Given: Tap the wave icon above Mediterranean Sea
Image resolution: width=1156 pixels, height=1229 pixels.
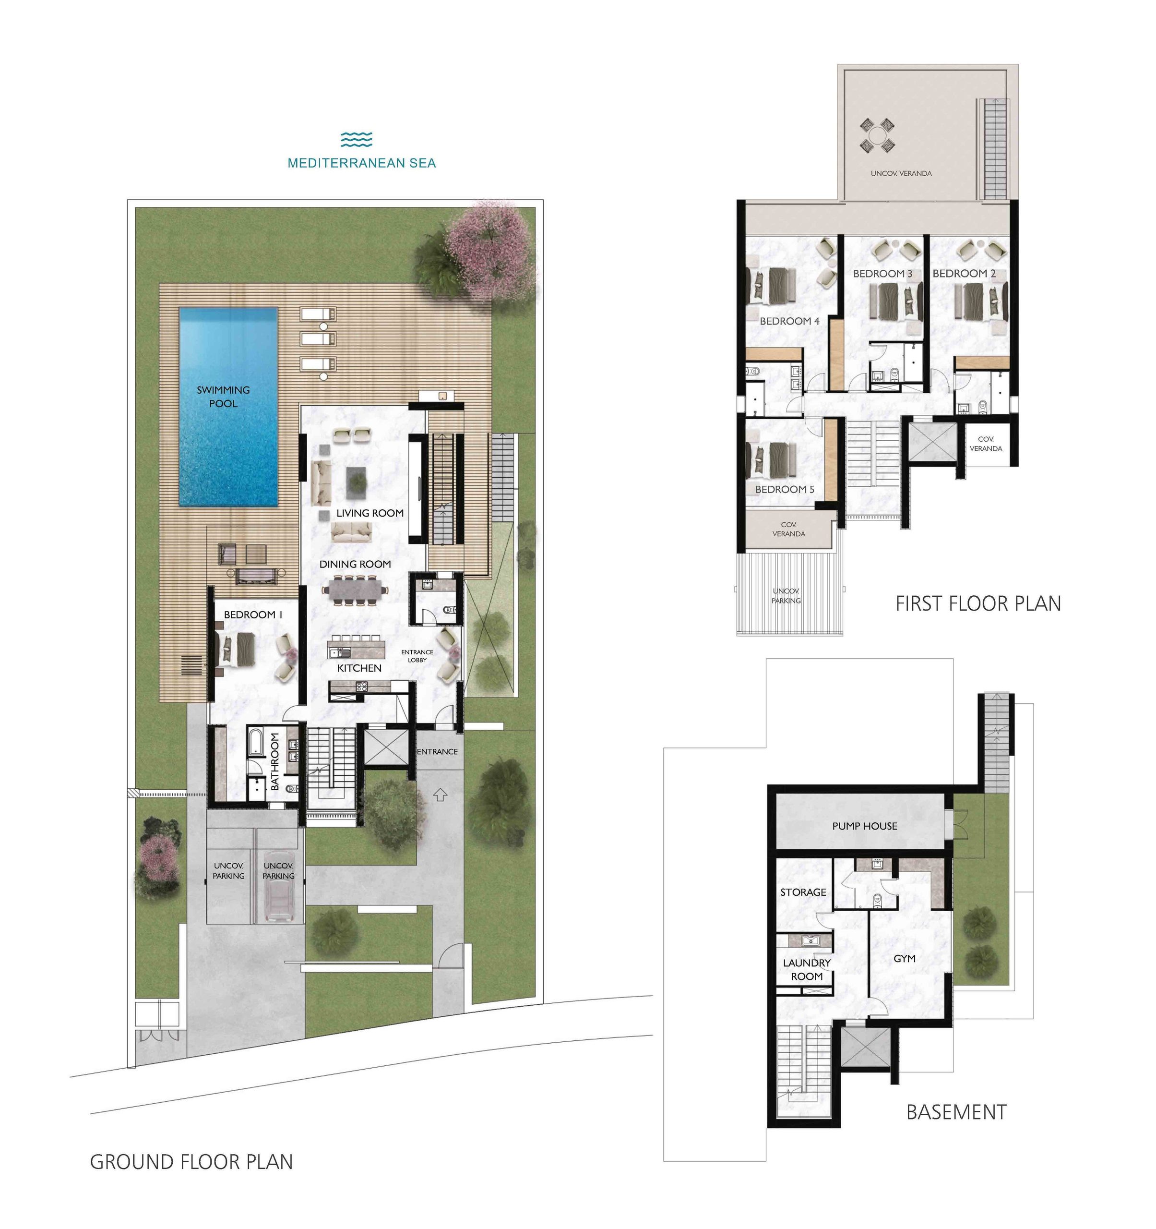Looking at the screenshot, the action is (x=357, y=140).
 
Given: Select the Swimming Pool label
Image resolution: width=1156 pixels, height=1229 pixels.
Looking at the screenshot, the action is (x=223, y=396).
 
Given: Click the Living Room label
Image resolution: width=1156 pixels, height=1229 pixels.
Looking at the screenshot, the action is (x=369, y=513).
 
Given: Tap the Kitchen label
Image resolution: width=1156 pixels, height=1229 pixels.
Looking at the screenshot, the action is (x=359, y=668).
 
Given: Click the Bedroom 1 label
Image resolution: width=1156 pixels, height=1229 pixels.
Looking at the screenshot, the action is (x=253, y=614).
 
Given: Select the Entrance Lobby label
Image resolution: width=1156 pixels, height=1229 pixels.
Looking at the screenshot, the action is (x=417, y=656).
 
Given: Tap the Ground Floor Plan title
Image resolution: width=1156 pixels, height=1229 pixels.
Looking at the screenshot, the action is (x=191, y=1162).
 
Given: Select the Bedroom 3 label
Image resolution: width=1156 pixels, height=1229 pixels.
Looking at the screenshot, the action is (x=882, y=273).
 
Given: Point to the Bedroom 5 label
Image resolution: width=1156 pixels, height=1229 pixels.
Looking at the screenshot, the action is (x=785, y=489).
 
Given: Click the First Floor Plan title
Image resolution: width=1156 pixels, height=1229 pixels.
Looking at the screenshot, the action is (x=978, y=603).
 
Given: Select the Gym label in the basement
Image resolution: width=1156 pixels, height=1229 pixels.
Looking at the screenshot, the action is (x=905, y=958).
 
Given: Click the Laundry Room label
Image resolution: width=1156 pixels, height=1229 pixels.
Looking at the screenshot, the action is (x=807, y=969).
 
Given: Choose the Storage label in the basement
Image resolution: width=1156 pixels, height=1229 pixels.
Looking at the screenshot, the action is (x=803, y=892).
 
